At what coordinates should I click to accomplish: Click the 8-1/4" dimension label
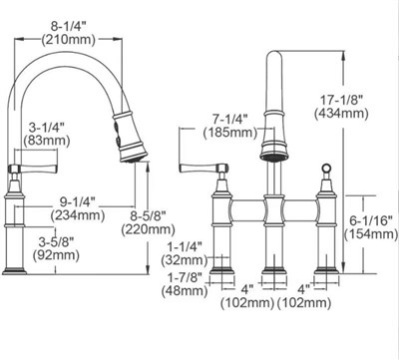point(69,26)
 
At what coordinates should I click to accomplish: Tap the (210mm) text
point(69,40)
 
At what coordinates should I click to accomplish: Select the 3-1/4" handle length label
point(47,127)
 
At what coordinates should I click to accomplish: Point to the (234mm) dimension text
point(78,215)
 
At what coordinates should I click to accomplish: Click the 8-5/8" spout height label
point(148,216)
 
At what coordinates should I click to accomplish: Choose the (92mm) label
point(56,255)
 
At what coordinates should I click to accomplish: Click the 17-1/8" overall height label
point(341,100)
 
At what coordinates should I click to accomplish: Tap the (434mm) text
point(341,114)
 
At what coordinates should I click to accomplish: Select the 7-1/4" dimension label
point(230,119)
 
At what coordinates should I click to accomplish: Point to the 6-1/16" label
point(371,220)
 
